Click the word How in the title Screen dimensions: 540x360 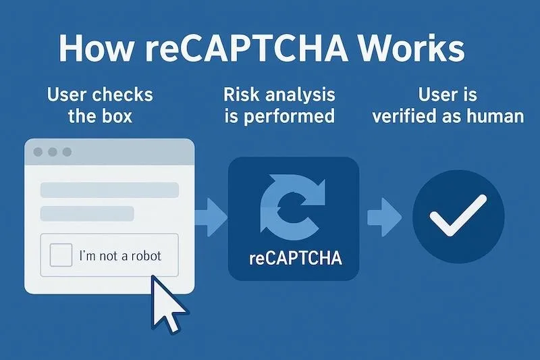point(96,48)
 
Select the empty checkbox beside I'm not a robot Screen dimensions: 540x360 point(61,255)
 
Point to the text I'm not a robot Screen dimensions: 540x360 point(120,255)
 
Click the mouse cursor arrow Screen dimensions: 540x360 point(167,304)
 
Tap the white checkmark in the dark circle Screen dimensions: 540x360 point(458,215)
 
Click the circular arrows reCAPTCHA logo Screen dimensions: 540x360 point(293,207)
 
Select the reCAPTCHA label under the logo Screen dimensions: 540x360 point(296,259)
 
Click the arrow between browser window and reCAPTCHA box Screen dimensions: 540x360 point(211,217)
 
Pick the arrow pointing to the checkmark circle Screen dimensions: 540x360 point(385,217)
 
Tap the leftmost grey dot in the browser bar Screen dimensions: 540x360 point(38,151)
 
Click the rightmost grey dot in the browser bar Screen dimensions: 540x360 point(67,151)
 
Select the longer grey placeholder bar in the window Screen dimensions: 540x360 point(109,190)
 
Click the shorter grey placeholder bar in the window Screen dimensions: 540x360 point(87,213)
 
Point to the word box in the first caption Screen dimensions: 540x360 point(116,116)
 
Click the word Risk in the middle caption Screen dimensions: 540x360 point(241,95)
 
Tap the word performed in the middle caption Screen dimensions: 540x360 point(289,117)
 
